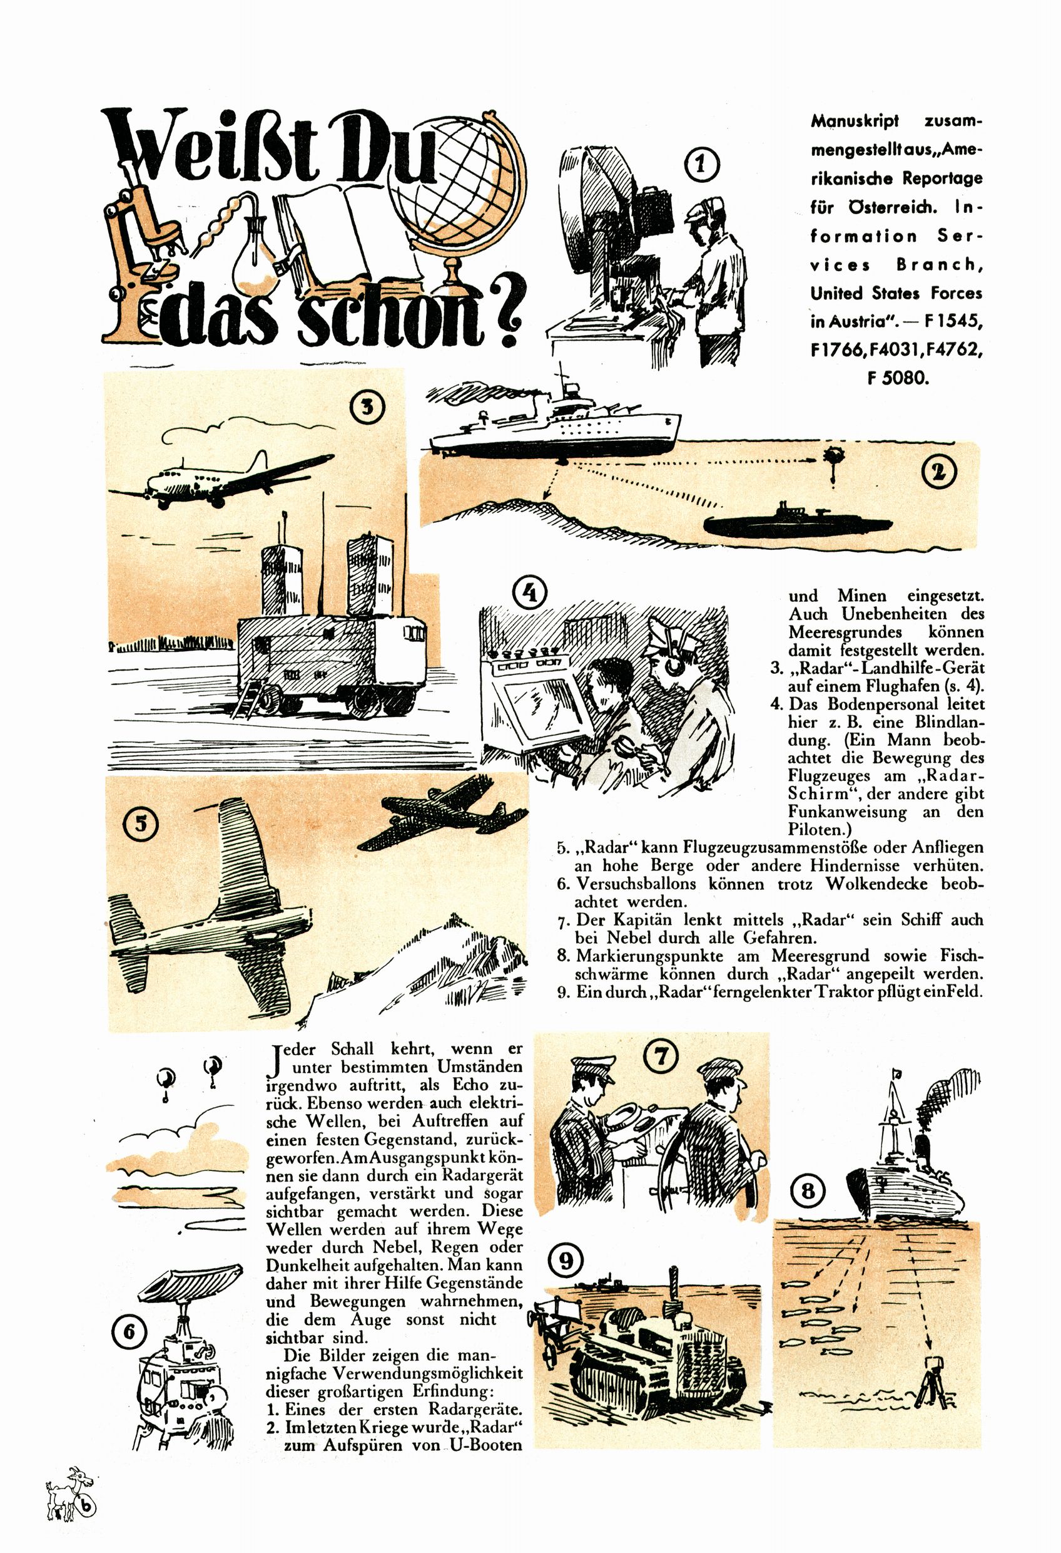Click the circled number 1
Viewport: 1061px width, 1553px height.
(701, 163)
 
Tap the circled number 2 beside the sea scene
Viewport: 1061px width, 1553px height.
(939, 472)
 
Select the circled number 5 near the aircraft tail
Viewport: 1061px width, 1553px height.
(141, 823)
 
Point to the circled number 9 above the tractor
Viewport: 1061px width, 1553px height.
(566, 1261)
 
